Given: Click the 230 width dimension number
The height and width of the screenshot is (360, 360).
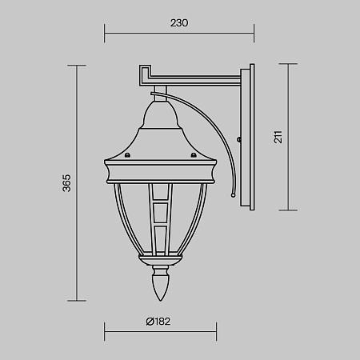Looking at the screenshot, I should tap(179, 23).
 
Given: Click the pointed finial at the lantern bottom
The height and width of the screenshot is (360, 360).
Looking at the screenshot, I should tap(160, 286).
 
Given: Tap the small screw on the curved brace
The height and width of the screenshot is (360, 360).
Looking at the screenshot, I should tap(240, 142).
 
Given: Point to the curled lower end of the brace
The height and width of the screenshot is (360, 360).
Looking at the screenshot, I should tap(231, 193).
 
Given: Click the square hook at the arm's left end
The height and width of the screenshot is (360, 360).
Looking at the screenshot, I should tap(145, 74).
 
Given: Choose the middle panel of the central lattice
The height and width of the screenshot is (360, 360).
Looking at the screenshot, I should tap(160, 214).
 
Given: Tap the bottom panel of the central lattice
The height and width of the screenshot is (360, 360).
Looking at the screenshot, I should tap(160, 237).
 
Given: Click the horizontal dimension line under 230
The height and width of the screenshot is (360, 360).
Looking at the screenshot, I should tap(179, 34).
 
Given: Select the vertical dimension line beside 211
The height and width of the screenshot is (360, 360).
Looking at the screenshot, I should tap(288, 138).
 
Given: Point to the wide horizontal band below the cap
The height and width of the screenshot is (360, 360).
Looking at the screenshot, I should tap(159, 170).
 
